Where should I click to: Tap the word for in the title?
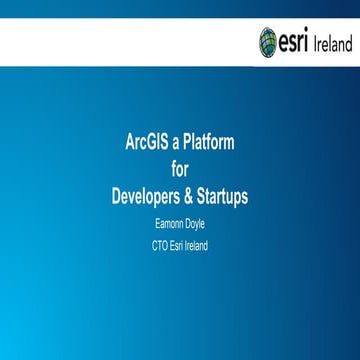pos(180,169)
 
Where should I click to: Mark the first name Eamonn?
pos(167,224)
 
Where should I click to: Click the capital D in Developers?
pos(116,196)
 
